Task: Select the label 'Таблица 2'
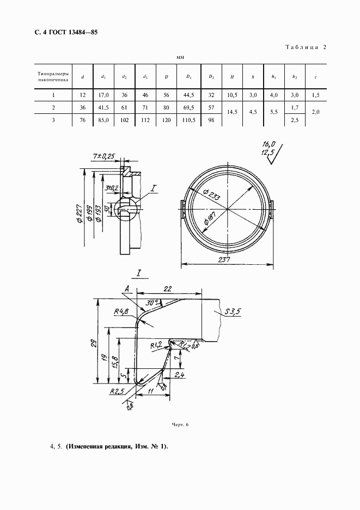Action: tap(304, 47)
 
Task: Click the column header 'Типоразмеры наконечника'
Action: tap(53, 77)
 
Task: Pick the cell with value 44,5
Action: tap(188, 95)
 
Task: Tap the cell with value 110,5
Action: tap(188, 120)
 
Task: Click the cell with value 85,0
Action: tap(103, 120)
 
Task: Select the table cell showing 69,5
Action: tap(188, 107)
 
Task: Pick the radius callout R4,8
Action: tap(121, 312)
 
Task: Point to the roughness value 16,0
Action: tap(269, 144)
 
